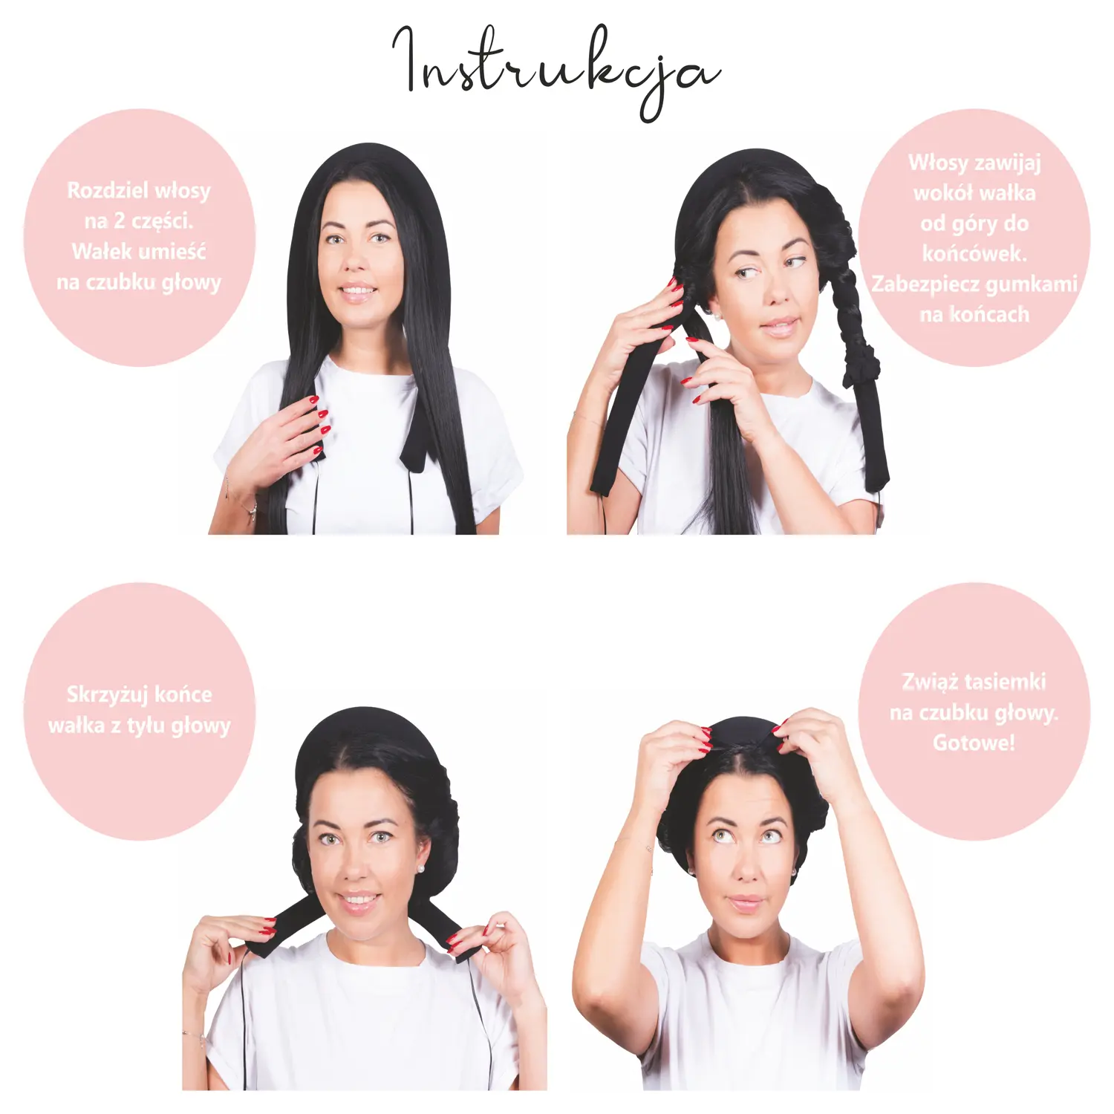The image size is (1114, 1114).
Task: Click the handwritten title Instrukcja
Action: (x=556, y=73)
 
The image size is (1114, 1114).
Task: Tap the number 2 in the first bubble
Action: (x=119, y=221)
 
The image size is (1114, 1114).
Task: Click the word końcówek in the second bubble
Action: (x=974, y=253)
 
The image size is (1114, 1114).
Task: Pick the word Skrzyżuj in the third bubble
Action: (x=108, y=695)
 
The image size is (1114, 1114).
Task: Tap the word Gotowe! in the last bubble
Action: (x=974, y=743)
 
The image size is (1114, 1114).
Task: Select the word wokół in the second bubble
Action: (x=939, y=193)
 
